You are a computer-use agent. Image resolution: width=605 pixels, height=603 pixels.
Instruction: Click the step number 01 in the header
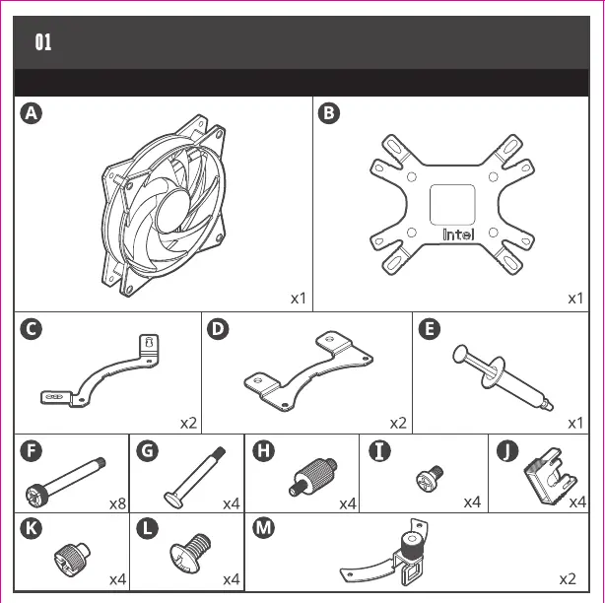(x=43, y=42)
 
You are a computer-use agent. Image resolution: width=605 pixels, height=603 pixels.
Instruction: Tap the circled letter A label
(x=33, y=113)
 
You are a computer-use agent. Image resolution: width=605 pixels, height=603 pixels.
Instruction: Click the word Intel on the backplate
(x=459, y=234)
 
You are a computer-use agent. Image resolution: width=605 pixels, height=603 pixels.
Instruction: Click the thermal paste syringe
(x=502, y=376)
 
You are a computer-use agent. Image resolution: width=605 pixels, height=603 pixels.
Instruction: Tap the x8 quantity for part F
(x=116, y=503)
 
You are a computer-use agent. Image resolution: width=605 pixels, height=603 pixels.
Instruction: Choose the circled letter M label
(x=264, y=528)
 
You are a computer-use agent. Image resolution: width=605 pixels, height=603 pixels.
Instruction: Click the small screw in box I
(x=428, y=482)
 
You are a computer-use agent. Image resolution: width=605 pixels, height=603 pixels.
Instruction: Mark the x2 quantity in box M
(x=568, y=578)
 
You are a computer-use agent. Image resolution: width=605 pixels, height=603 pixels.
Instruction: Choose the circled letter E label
(x=429, y=330)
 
